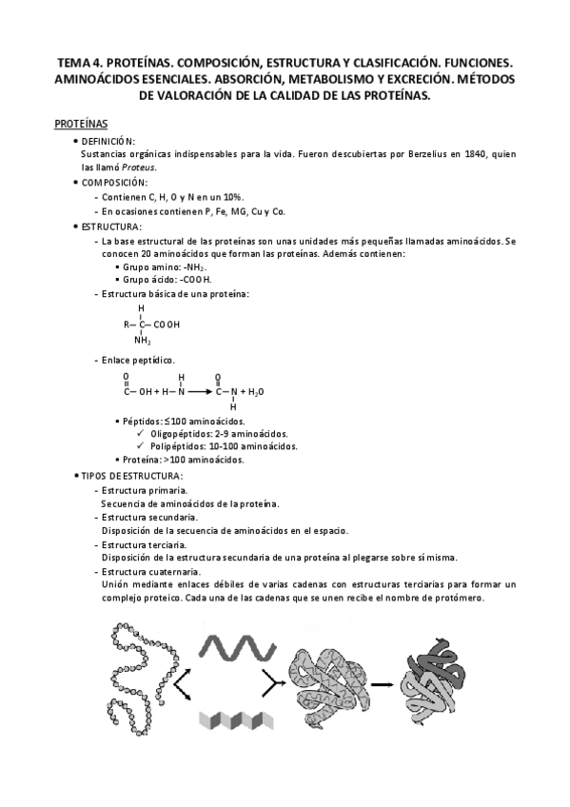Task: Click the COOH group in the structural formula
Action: tap(166, 325)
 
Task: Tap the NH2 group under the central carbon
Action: tap(143, 341)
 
